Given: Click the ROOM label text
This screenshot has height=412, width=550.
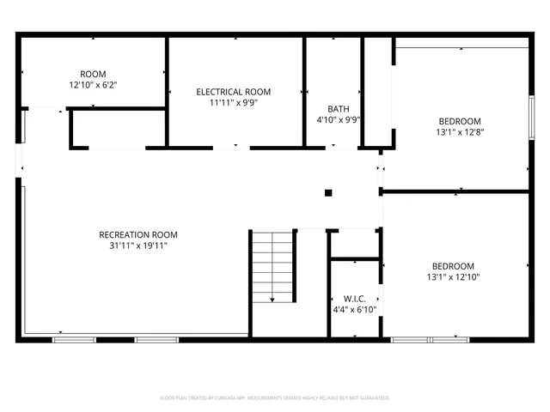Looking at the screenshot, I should pos(93,74).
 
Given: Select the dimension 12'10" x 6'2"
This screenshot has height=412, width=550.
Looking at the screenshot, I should pos(93,85).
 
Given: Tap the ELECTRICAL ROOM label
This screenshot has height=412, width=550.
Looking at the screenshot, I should pos(233,92).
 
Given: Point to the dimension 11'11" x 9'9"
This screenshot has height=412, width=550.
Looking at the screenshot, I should pos(233,103).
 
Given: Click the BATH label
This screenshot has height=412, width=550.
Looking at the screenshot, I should pos(338,109).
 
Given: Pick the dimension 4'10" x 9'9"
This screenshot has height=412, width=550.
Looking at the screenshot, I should pos(338,120).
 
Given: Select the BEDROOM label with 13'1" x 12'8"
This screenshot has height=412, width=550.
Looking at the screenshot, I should pos(460,121).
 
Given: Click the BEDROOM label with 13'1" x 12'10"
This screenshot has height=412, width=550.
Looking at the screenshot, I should pos(453,266).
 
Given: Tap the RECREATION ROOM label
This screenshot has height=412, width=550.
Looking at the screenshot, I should pos(138,235).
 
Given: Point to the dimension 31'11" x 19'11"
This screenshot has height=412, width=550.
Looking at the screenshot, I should pos(138,246).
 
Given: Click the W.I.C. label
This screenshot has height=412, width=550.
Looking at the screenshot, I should pos(354,298).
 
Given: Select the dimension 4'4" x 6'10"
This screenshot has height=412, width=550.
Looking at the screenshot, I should pos(354,309).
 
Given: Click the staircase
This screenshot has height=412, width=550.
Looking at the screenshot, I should pos(272,266).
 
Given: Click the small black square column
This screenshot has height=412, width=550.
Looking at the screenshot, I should pos(327,193).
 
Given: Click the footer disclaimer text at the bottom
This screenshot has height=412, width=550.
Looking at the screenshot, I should pos(275,398).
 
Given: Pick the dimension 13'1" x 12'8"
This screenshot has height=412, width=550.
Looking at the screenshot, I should pos(460,132).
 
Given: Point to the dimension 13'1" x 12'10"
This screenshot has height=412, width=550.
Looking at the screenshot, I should pos(453,277).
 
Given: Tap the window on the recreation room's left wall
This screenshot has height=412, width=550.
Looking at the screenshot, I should pos(23,129).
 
